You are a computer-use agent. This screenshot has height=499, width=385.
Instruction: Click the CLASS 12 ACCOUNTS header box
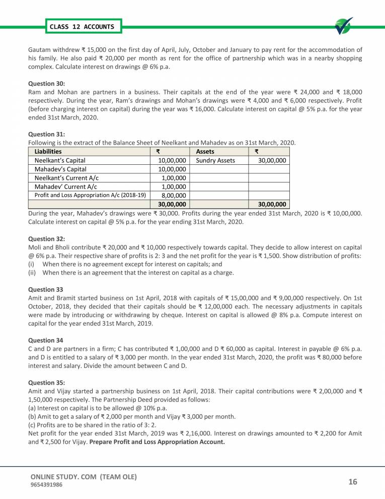[x=82, y=26]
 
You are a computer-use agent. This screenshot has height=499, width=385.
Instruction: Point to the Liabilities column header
[x=48, y=151]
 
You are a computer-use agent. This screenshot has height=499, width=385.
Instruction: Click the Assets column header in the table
[x=205, y=151]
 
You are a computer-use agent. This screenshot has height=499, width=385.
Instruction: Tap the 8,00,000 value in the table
[x=174, y=196]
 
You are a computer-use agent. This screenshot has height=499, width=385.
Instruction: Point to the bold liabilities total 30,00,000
[x=173, y=205]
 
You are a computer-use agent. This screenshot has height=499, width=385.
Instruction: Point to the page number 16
[x=352, y=482]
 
